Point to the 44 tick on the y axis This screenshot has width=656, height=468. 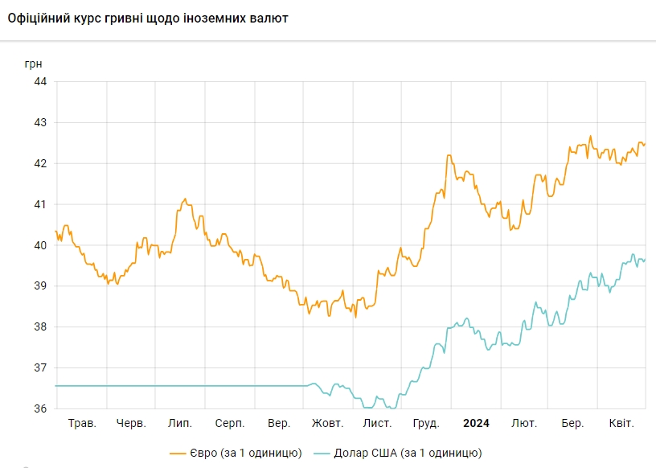(40, 81)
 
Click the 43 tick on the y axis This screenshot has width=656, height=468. (40, 122)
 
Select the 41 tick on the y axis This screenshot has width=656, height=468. (40, 204)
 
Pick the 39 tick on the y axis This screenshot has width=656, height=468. (40, 285)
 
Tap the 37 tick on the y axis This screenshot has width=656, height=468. (40, 367)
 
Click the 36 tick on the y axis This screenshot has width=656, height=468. (40, 408)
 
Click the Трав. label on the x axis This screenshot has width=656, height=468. (82, 423)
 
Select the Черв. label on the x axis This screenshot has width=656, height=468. (131, 423)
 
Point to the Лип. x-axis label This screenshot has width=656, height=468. (179, 423)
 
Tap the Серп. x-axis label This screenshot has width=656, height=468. (230, 423)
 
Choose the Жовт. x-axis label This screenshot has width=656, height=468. (327, 423)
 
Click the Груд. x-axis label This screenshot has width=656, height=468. (425, 423)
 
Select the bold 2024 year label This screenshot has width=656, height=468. (476, 423)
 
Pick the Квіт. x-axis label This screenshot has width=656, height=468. (621, 423)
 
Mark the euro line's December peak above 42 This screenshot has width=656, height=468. (449, 155)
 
